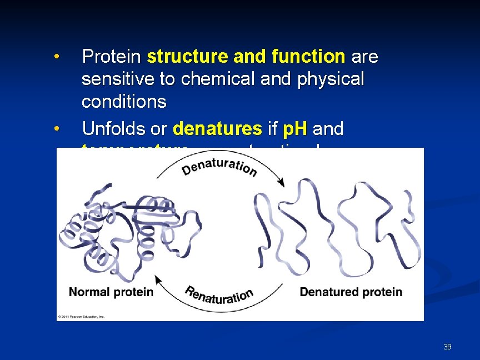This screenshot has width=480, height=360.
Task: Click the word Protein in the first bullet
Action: click(x=112, y=57)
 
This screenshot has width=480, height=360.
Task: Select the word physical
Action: click(x=331, y=79)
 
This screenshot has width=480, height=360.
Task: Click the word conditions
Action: click(x=124, y=102)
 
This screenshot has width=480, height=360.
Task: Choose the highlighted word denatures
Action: click(x=218, y=129)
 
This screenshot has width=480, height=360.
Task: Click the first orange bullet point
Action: click(x=56, y=57)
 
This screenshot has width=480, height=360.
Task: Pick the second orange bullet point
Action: click(x=56, y=129)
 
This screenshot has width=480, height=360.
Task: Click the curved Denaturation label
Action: click(x=219, y=162)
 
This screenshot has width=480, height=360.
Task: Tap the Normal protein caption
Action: click(x=111, y=292)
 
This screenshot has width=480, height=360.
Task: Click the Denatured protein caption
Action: click(x=351, y=292)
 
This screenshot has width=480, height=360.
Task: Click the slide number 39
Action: click(x=447, y=347)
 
